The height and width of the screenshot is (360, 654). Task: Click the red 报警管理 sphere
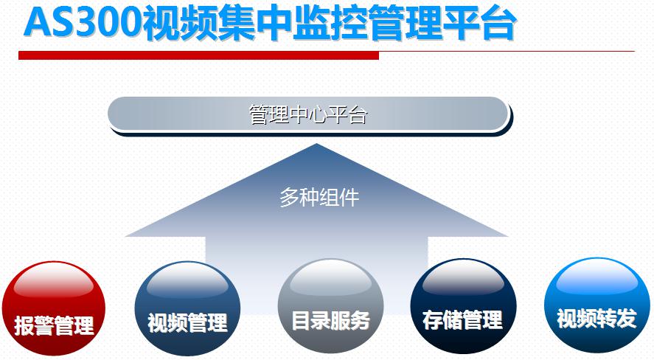53,308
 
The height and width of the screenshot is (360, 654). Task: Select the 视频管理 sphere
187,308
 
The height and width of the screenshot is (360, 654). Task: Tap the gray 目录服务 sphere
330,307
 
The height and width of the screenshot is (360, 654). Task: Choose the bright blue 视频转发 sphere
597,305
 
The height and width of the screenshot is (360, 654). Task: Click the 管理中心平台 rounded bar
310,115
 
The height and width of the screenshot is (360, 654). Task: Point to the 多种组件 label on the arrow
319,197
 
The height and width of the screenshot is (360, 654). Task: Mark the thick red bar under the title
198,55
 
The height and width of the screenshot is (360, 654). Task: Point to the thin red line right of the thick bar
507,52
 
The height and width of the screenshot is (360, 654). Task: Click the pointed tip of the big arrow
316,144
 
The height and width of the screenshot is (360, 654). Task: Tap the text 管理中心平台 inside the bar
307,114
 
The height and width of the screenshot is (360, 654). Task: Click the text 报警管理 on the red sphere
55,325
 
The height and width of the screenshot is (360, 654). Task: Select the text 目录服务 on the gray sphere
330,320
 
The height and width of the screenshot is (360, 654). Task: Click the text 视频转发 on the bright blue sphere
597,318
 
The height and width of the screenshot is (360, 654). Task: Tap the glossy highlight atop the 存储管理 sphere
463,280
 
